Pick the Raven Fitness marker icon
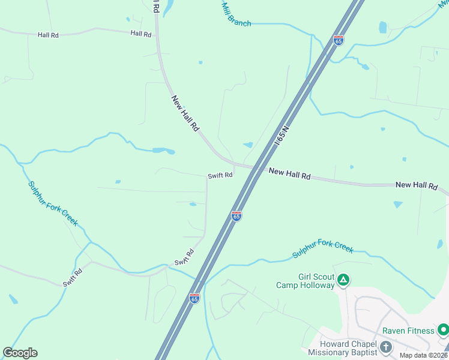coord(443,329)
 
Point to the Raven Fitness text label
coord(411,331)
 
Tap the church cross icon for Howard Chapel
coord(385,346)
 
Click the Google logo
coord(20,353)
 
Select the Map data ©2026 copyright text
coord(423,355)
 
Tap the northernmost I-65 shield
coord(339,41)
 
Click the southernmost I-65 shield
coord(194,298)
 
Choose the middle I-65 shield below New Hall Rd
coord(237,215)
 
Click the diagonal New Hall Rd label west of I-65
coord(185,113)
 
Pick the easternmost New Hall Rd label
coord(416,185)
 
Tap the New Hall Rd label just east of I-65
coord(289,174)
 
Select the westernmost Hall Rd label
coord(48,35)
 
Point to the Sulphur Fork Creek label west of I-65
coord(53,203)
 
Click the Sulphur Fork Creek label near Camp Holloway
coord(323,250)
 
